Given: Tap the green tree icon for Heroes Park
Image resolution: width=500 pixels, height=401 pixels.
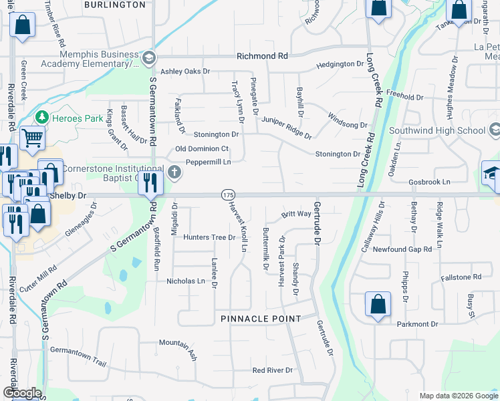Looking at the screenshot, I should tap(41, 117).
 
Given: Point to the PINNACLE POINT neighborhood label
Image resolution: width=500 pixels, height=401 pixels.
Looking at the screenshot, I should tap(261, 319).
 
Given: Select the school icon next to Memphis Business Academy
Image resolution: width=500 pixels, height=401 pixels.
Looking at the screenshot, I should tap(148, 58).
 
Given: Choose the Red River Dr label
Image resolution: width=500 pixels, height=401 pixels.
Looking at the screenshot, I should tap(273, 370).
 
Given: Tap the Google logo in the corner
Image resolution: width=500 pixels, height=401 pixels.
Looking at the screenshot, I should tap(22, 393).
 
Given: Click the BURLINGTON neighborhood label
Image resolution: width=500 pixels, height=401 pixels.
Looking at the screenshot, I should tap(116, 5).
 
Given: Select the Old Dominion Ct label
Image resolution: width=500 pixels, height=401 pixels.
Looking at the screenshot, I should tap(202, 148).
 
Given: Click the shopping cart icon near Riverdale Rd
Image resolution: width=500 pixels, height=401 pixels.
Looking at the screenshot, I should tap(31, 138).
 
